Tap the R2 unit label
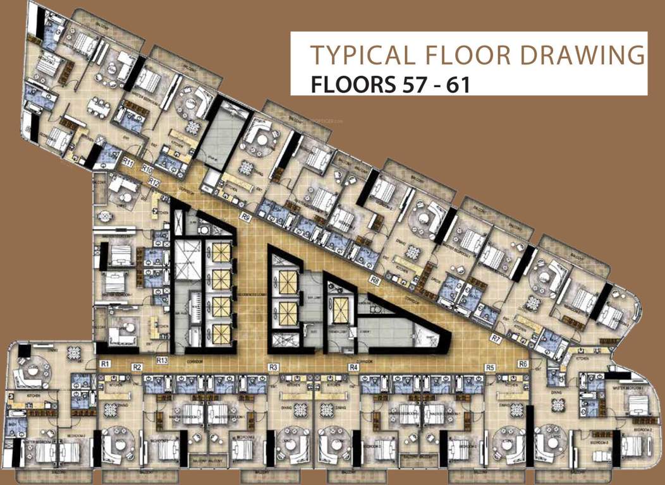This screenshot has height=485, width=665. click(x=137, y=367)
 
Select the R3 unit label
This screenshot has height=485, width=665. click(x=274, y=367)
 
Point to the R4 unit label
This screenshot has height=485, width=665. click(x=354, y=367)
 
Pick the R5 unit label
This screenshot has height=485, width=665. click(x=489, y=367)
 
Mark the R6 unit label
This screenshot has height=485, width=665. click(x=522, y=364)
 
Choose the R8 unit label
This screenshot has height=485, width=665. click(x=375, y=278)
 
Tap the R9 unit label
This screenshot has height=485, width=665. click(x=246, y=217)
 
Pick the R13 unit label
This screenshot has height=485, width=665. click(x=162, y=361)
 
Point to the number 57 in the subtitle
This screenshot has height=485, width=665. click(x=404, y=83)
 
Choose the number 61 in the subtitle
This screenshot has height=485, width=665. click(x=456, y=83)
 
